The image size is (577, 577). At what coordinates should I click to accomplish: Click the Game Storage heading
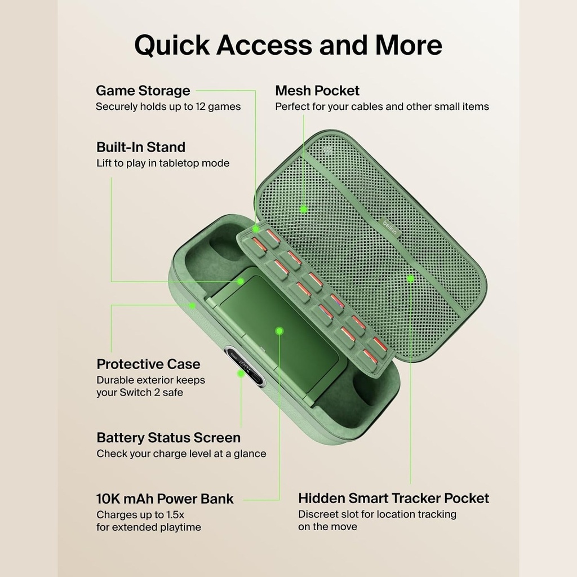tap(143, 91)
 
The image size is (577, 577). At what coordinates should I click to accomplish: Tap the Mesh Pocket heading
tap(317, 91)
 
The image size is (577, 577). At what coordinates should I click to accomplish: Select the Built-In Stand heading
tap(141, 147)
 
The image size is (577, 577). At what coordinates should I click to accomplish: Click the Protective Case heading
tap(148, 364)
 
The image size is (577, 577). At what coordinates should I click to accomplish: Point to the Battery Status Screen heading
tap(168, 437)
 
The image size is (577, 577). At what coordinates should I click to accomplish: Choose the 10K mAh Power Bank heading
tap(165, 499)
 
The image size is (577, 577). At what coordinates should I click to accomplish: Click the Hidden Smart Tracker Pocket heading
tap(393, 498)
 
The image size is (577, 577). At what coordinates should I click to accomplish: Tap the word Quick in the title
tap(172, 45)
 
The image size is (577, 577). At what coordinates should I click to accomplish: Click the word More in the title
tap(409, 45)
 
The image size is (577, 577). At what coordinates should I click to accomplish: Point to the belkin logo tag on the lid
tap(390, 227)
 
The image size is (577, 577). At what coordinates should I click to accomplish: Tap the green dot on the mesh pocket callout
tap(304, 209)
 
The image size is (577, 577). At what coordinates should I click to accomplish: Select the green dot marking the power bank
tap(279, 331)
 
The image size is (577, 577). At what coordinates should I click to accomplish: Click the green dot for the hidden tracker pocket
tap(411, 279)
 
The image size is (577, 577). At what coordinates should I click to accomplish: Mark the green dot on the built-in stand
tap(240, 282)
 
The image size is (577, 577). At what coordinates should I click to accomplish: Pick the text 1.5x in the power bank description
tap(175, 514)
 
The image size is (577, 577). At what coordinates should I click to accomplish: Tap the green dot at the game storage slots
tap(256, 229)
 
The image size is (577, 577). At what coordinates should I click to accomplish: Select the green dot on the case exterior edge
tap(192, 305)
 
